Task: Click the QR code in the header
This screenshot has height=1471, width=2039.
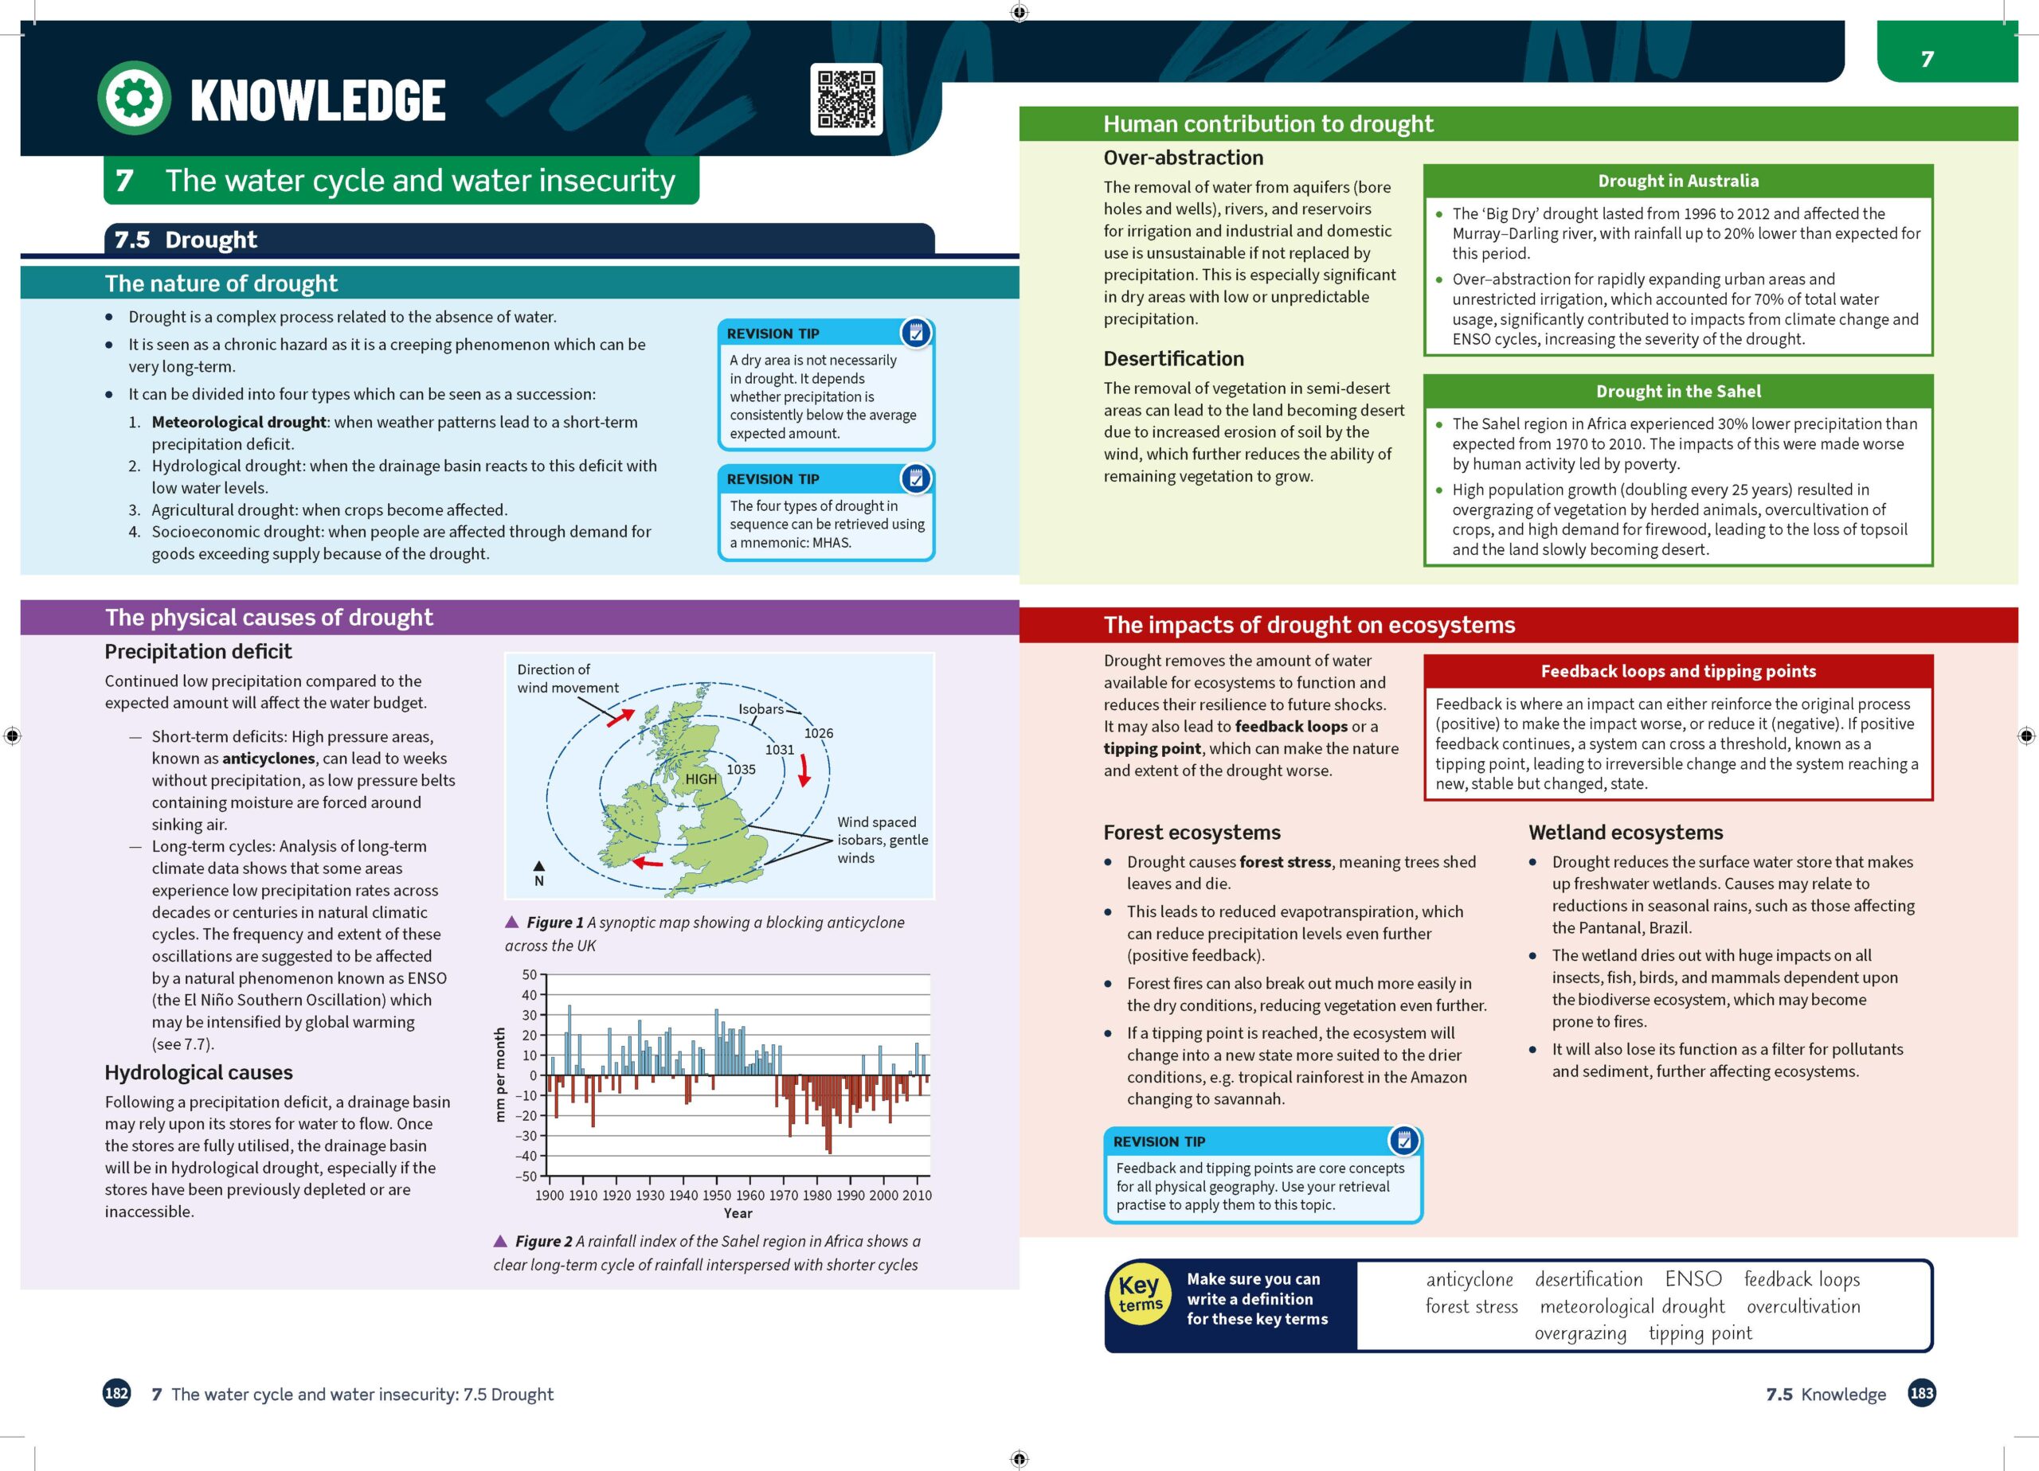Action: [845, 99]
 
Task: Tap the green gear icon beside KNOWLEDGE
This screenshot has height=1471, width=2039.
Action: [134, 98]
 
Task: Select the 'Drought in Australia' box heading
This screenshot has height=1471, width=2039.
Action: [1677, 181]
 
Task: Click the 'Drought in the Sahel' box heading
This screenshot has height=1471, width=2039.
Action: [1677, 391]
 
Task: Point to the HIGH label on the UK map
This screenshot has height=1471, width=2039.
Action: [701, 779]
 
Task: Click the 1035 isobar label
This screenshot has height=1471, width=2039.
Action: [741, 769]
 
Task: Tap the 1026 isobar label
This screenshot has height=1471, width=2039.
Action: [818, 733]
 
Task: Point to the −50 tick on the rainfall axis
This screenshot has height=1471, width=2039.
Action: [526, 1176]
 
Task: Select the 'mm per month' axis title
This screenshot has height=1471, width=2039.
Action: [500, 1075]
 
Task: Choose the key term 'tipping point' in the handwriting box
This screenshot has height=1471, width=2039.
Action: [1699, 1332]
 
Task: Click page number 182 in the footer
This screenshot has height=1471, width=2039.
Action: [117, 1394]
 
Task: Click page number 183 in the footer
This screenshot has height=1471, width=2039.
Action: [1921, 1394]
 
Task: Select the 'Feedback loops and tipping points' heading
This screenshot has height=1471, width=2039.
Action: [1677, 671]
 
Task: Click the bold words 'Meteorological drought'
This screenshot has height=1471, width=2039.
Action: [238, 423]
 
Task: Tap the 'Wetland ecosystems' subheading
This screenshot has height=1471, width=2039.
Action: [1626, 832]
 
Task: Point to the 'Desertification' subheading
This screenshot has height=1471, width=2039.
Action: [1173, 358]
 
